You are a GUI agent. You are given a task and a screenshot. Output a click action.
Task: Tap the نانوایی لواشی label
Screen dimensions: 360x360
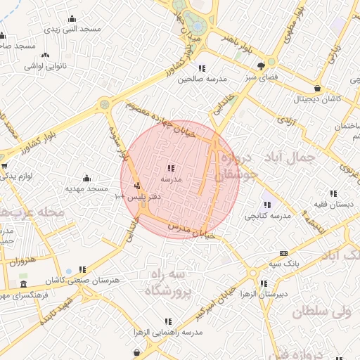tap(46, 65)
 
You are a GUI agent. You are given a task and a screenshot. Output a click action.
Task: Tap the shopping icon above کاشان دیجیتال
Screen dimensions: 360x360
tap(319, 89)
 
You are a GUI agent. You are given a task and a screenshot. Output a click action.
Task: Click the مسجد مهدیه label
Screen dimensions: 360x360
tap(86, 188)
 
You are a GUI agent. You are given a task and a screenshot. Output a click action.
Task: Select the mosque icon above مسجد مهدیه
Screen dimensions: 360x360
tap(86, 178)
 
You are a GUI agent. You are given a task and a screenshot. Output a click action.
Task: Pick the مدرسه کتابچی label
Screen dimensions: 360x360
tap(267, 215)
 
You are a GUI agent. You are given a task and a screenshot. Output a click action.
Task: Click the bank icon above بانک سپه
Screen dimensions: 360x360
tap(283, 253)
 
